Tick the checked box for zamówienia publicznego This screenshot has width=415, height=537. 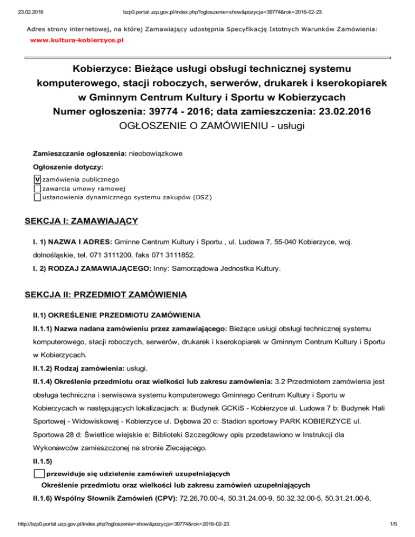click(37, 179)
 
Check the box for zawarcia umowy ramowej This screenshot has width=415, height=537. click(37, 189)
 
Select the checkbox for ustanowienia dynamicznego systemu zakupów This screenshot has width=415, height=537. click(37, 197)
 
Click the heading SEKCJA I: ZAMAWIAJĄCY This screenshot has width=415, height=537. click(82, 221)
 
